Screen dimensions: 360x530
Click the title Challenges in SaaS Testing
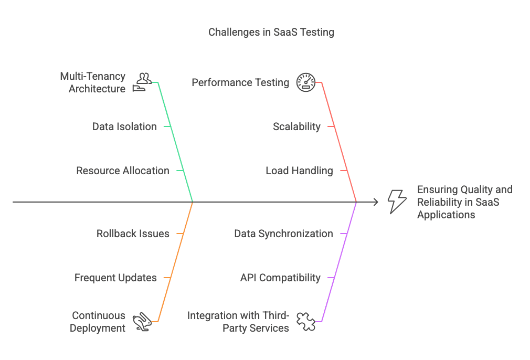(271, 32)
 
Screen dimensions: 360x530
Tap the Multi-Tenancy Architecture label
(93, 82)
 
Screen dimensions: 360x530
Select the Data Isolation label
(124, 126)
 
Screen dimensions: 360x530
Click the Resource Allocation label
(123, 171)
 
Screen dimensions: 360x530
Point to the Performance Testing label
(240, 82)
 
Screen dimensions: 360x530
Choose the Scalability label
(296, 126)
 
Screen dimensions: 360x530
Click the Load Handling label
(299, 171)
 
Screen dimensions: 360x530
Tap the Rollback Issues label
(133, 234)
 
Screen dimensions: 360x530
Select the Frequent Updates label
(115, 278)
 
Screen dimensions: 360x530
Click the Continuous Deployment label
(98, 322)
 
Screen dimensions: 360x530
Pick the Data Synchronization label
(283, 234)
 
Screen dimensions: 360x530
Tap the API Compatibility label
(280, 278)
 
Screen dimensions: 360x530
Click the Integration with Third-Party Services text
(238, 322)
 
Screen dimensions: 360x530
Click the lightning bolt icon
(397, 202)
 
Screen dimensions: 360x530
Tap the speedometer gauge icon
(306, 82)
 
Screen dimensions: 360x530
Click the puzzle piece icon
(305, 321)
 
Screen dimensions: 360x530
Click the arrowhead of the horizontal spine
(375, 202)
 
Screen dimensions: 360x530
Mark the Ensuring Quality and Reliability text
(464, 202)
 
